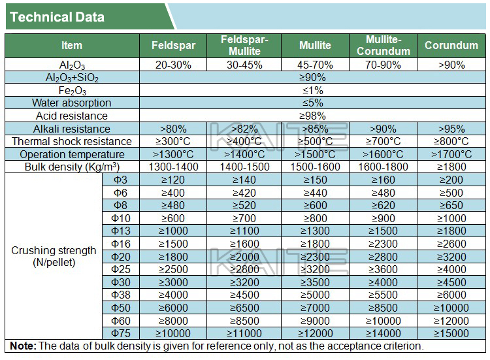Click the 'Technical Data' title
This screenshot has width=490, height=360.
click(x=57, y=18)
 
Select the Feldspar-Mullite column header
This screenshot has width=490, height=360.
click(x=244, y=45)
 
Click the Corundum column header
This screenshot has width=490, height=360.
click(x=451, y=45)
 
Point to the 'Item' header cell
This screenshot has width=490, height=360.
click(x=72, y=45)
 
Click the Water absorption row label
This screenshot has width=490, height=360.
click(x=72, y=103)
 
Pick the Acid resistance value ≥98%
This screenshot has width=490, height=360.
click(x=312, y=116)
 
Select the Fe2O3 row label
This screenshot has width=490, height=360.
click(x=72, y=91)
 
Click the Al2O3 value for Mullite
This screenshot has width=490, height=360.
click(x=315, y=65)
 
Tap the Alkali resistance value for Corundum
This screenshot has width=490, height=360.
click(x=451, y=129)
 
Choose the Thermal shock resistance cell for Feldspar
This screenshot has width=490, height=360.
click(x=173, y=141)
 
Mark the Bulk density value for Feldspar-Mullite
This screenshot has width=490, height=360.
click(x=244, y=167)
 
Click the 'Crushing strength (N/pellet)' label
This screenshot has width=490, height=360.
click(x=54, y=256)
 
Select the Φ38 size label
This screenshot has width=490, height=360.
click(x=120, y=295)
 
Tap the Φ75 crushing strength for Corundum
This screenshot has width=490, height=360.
click(x=451, y=333)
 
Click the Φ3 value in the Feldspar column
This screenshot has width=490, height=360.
click(x=173, y=180)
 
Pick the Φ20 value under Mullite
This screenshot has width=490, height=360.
click(x=315, y=257)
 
